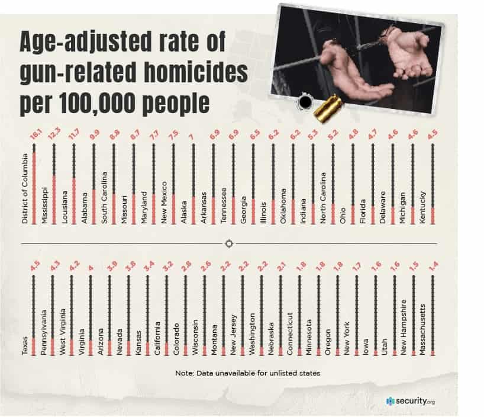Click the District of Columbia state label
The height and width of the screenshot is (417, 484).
click(x=25, y=185)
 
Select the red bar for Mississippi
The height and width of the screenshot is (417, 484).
click(x=54, y=198)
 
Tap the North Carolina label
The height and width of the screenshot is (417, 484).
click(x=323, y=197)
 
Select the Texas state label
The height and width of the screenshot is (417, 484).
click(x=25, y=347)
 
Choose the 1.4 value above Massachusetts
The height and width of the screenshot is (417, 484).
click(x=433, y=274)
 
